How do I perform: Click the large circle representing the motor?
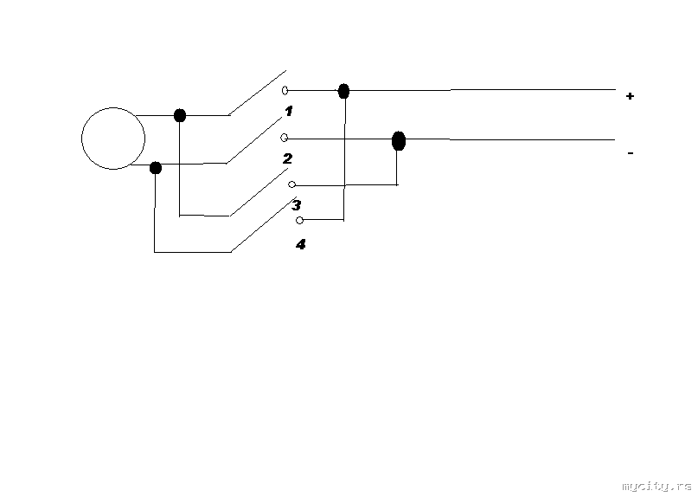[x=82, y=139]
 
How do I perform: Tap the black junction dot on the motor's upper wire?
[x=179, y=115]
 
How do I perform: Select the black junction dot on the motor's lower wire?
[x=156, y=168]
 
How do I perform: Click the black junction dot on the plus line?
[x=343, y=91]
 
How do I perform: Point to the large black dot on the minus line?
[x=399, y=141]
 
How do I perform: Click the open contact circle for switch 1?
[x=285, y=91]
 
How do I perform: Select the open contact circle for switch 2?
[x=284, y=138]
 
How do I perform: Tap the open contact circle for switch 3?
[x=292, y=184]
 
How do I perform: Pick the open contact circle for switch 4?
[x=299, y=220]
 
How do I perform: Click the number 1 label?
[x=289, y=111]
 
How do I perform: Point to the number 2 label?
[x=287, y=158]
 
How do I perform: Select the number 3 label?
[x=297, y=205]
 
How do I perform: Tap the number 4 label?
[x=300, y=244]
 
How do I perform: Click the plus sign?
[x=630, y=96]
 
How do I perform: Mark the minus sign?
[x=631, y=153]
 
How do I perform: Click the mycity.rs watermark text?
[x=656, y=486]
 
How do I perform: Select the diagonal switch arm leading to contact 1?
[x=257, y=93]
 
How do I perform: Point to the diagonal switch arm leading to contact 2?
[x=254, y=140]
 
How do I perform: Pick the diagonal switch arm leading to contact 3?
[x=259, y=192]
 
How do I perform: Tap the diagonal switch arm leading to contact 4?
[x=264, y=224]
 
